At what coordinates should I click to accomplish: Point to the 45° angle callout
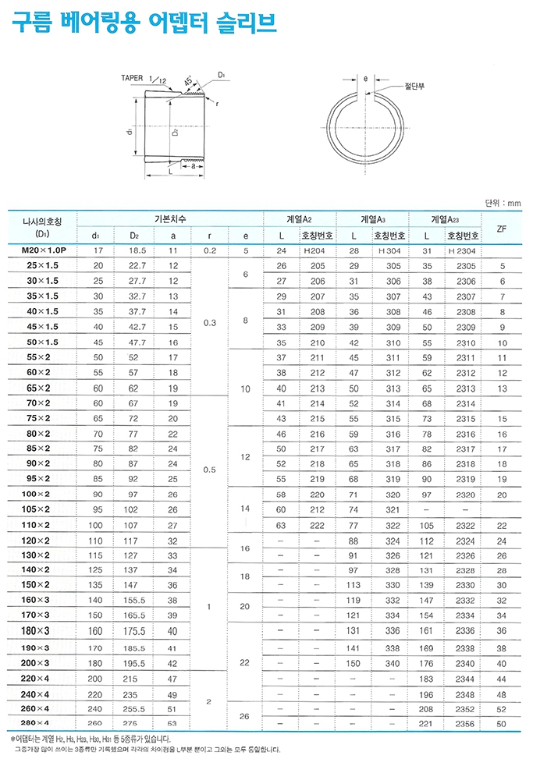point(188,80)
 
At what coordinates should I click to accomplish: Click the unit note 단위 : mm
point(502,203)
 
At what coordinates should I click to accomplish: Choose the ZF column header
point(502,228)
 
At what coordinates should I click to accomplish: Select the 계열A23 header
point(446,220)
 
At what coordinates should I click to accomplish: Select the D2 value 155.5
point(134,601)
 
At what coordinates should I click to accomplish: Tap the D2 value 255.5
point(134,708)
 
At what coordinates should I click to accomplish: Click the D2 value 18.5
point(134,251)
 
